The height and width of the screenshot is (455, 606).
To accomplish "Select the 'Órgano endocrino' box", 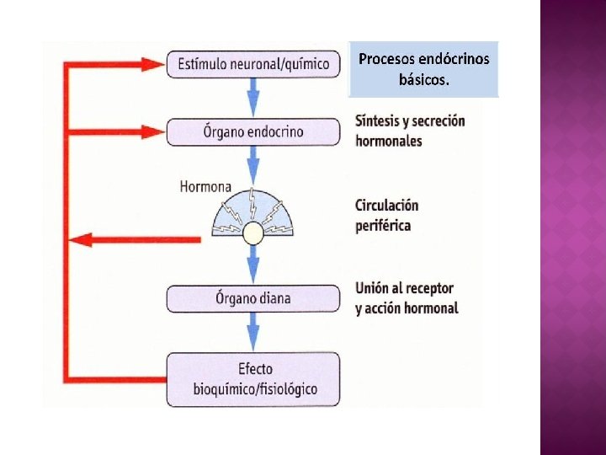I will coord(252,132).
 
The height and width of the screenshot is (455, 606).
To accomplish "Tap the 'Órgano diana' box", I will coord(252,298).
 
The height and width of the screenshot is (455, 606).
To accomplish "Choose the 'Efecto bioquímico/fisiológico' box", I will coord(252,378).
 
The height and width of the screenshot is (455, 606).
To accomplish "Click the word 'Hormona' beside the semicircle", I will coord(205,187).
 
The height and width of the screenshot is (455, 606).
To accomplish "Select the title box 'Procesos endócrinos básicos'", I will coord(423,69).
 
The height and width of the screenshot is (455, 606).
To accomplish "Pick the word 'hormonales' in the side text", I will coord(389,141).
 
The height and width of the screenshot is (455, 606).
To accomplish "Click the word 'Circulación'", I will coord(386,206).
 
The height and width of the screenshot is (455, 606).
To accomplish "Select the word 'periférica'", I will coord(383,225).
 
